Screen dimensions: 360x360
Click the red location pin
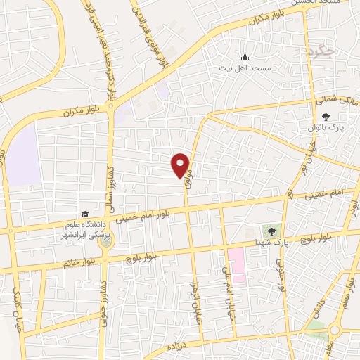pos(181,165)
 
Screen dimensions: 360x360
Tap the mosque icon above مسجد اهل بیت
pos(244,58)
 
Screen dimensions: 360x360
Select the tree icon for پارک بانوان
pos(325,117)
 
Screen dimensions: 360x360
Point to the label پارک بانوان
pos(324,129)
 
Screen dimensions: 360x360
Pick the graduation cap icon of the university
pos(84,214)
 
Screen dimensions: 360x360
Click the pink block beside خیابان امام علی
pos(236,264)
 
